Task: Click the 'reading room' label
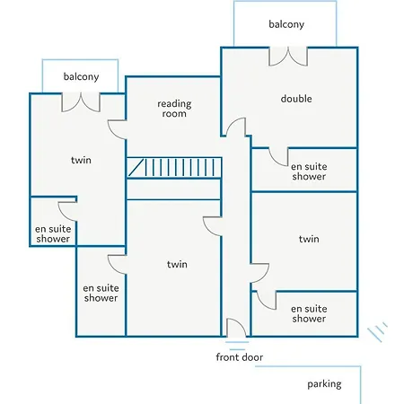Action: tap(174, 109)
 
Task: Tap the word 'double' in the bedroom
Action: tap(296, 99)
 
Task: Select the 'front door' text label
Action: tap(240, 357)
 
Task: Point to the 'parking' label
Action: tap(324, 384)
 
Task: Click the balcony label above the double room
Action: tap(286, 24)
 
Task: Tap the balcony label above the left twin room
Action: tap(81, 76)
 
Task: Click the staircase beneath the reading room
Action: tap(174, 168)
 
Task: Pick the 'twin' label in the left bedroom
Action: tap(81, 160)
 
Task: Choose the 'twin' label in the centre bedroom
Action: tap(177, 264)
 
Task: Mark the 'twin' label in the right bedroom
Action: tap(309, 239)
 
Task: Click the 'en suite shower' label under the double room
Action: tap(309, 171)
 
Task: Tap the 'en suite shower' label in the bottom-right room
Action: tap(309, 313)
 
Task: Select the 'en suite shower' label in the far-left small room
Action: tap(53, 233)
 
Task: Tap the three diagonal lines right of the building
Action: tap(378, 331)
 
